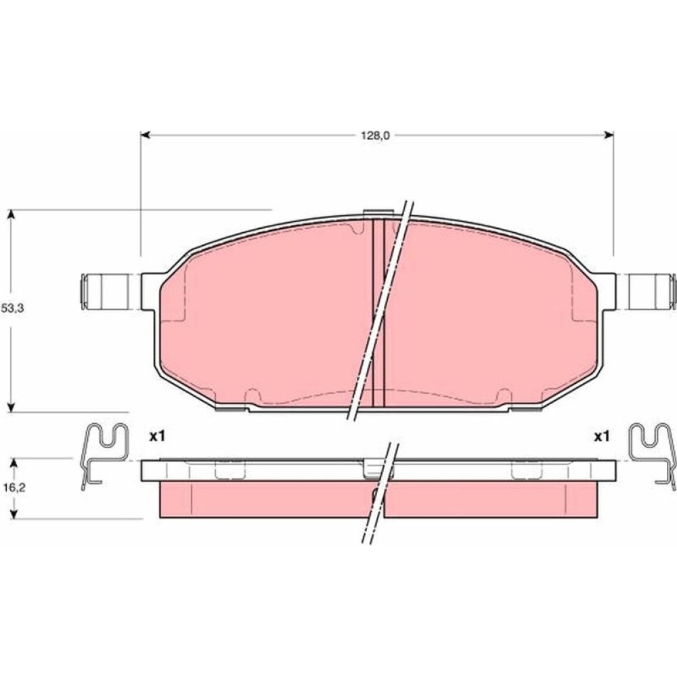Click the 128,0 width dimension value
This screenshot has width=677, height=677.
pos(375,135)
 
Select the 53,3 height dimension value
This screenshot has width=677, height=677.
pos(12,308)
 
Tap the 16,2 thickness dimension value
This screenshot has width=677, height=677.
pos(14,487)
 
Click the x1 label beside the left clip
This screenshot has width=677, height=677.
pos(157,437)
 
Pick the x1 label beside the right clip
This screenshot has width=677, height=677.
pos(602,437)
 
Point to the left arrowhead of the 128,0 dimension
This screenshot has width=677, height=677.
pos(146,135)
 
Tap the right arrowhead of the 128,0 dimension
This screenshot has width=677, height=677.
pos(609,135)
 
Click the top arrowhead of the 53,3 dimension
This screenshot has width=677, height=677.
pos(12,215)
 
